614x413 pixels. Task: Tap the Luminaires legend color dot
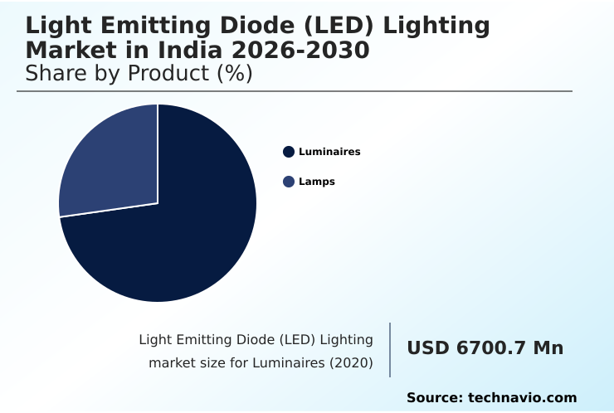289,152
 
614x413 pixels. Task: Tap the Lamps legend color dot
289,182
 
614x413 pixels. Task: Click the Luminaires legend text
329,152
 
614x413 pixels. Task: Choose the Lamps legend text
317,182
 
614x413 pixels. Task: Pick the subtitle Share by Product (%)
139,73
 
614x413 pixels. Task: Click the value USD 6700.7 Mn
485,348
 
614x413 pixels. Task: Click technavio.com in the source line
522,398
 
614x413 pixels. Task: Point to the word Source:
434,398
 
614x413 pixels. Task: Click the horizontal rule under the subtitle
295,91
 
